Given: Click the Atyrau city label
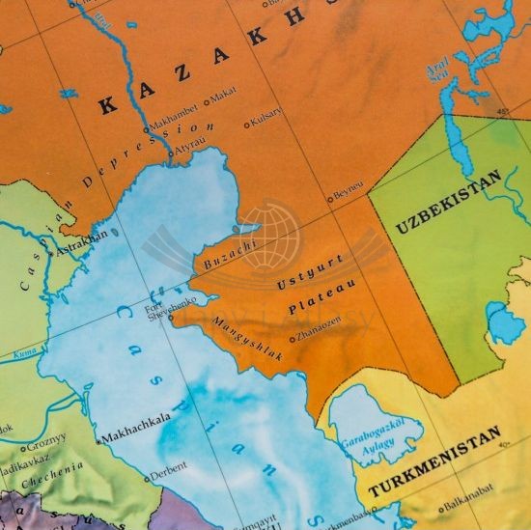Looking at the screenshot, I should point(189,151).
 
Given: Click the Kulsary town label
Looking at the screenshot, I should point(266,123).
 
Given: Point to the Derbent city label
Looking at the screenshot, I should point(171,476).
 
